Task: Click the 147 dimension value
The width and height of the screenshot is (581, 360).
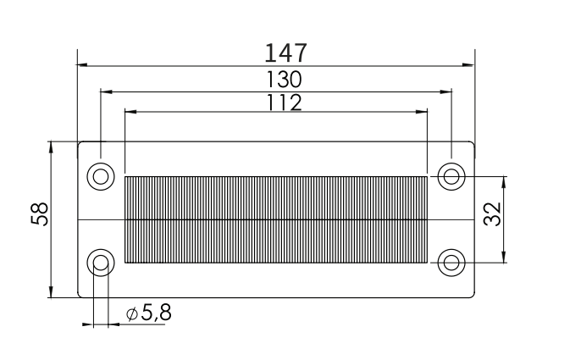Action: coord(285,53)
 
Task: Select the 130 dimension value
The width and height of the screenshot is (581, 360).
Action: coord(285,80)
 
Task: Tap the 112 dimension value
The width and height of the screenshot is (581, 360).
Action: coord(285,102)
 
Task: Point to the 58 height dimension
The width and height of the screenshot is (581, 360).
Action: coord(40,214)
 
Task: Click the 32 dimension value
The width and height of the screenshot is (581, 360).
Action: coord(492,214)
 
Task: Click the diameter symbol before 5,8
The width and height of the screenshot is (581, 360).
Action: coord(132,314)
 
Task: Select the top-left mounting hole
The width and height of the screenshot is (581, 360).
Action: coord(101,176)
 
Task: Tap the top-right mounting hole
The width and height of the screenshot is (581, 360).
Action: coord(451,176)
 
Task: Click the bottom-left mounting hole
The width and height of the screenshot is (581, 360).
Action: coord(101,263)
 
